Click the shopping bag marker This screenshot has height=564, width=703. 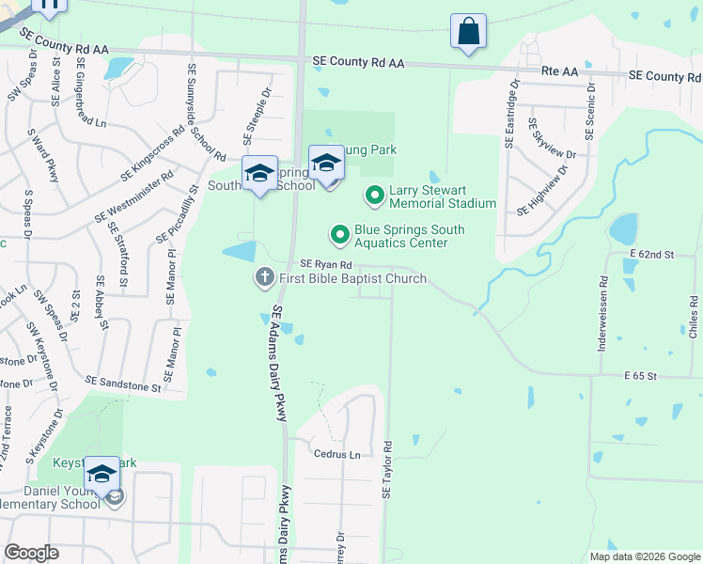pos(468,32)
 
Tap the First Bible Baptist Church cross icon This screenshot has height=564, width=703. pos(265,278)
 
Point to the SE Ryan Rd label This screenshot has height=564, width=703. pos(325,266)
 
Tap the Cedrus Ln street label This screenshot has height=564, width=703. pos(336,454)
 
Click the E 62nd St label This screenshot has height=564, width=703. pos(654,255)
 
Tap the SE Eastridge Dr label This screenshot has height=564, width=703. pos(513,114)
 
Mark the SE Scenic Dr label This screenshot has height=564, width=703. pos(591,111)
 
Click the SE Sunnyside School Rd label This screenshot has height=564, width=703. pos(206,111)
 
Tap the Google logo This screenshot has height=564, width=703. pos(33,553)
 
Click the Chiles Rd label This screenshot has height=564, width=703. pos(693,317)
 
